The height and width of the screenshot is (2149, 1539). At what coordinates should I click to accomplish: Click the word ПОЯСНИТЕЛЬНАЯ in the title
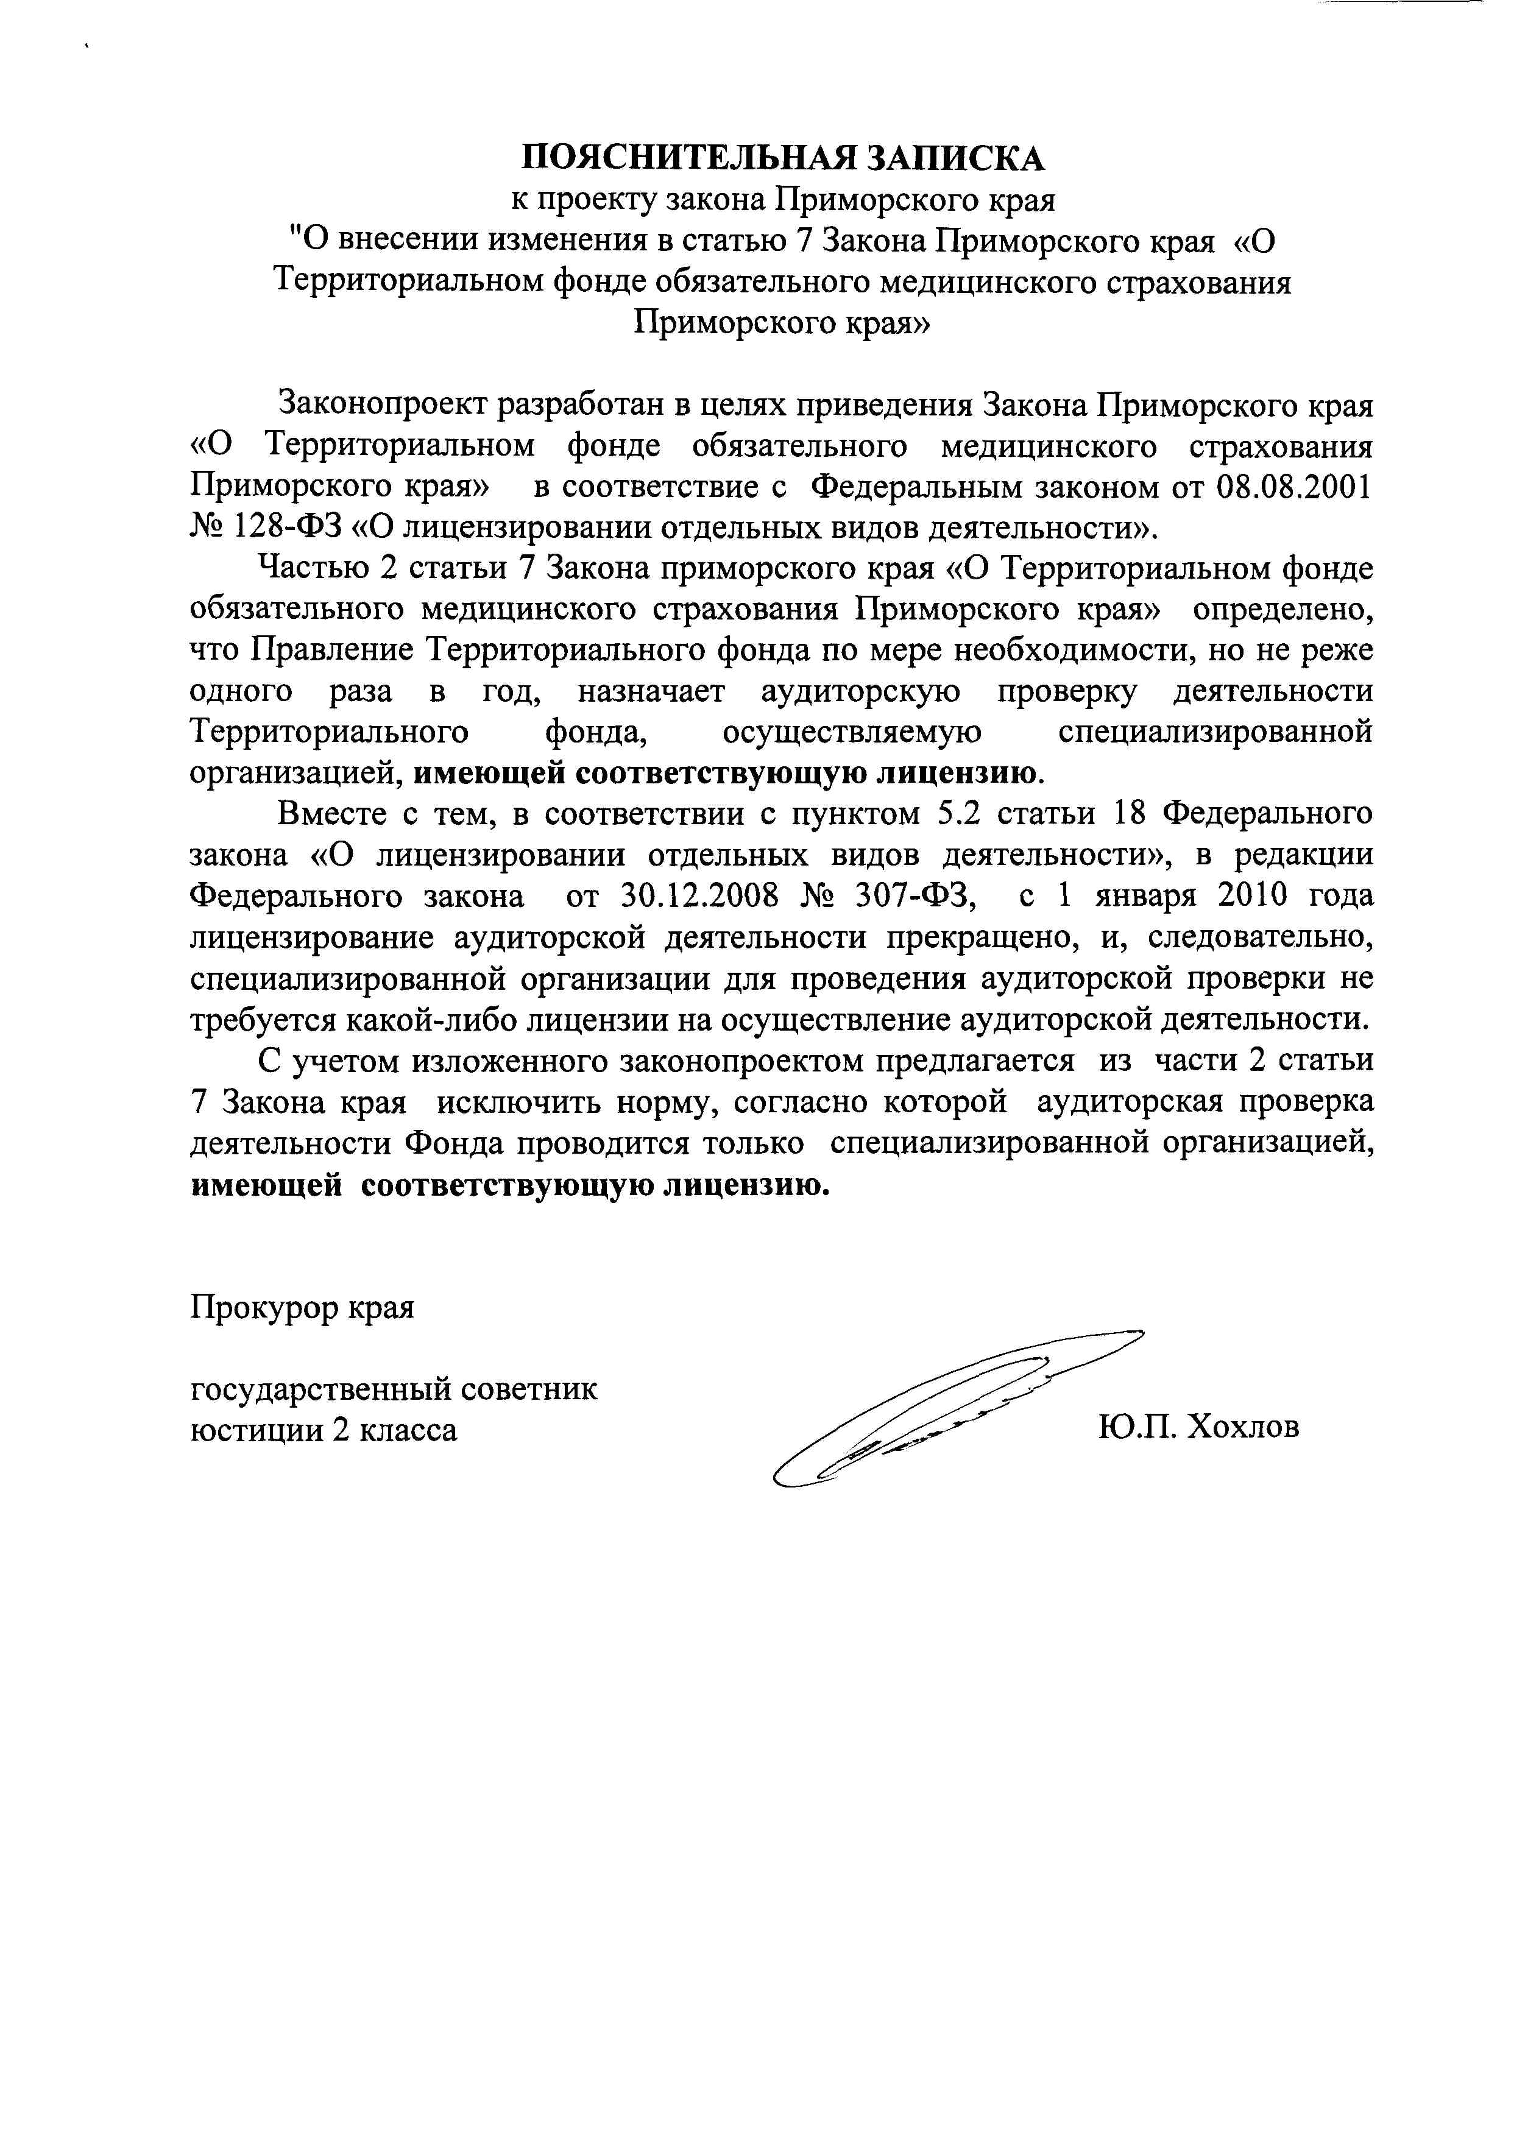[689, 157]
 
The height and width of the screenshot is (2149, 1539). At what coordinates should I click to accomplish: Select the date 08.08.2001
[1293, 487]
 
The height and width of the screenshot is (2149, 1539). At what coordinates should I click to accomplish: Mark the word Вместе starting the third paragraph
[331, 814]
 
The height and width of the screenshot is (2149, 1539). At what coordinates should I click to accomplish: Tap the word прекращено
[984, 937]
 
